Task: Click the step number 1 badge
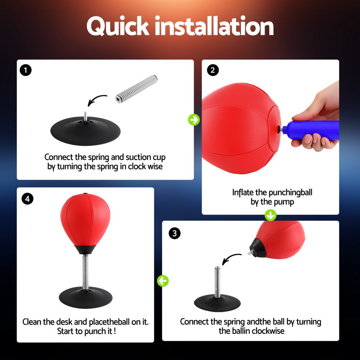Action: [x=26, y=70]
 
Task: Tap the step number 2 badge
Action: [x=212, y=70]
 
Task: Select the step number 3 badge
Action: [x=175, y=233]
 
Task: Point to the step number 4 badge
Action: [x=27, y=198]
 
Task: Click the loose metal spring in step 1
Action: [x=136, y=89]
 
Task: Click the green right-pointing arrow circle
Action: [x=194, y=120]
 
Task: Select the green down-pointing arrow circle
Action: [x=270, y=215]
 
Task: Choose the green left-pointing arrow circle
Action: [x=163, y=281]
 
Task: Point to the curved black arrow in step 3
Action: [x=230, y=258]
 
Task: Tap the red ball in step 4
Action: [x=85, y=220]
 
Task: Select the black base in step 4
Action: [x=85, y=297]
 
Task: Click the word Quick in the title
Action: [x=118, y=27]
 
